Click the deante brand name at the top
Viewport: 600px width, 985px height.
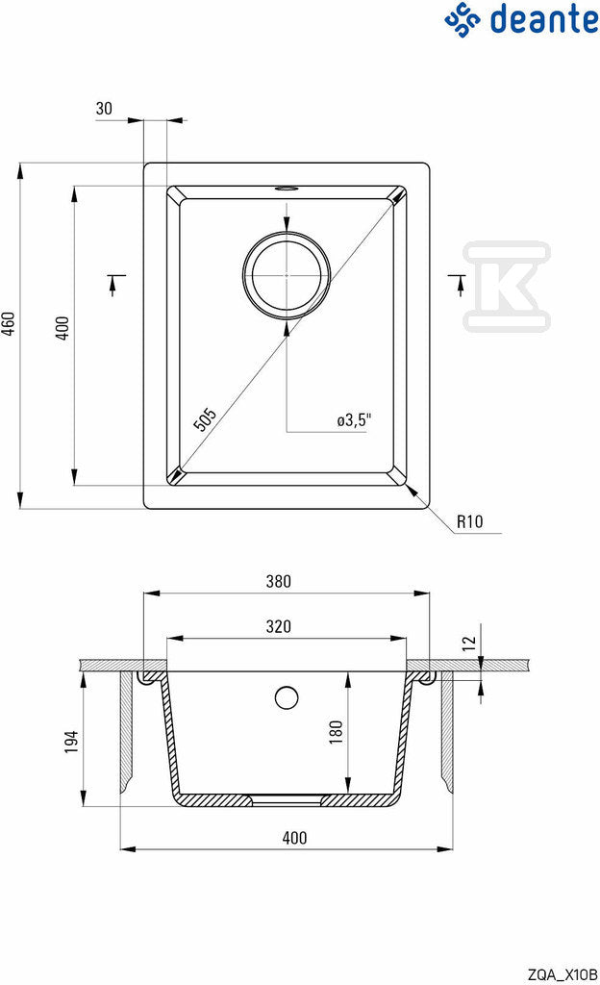(x=543, y=19)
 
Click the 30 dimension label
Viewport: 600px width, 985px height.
(x=104, y=109)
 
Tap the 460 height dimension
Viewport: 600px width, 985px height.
(x=8, y=323)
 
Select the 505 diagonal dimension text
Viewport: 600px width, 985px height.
(x=205, y=419)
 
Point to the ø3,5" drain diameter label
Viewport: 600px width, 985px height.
(x=354, y=419)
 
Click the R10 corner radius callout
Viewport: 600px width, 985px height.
(x=469, y=521)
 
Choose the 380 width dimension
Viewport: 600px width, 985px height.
(x=278, y=581)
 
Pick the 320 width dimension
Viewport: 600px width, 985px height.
(x=278, y=626)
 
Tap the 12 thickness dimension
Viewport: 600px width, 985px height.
(x=469, y=644)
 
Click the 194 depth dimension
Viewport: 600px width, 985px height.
(x=71, y=742)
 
